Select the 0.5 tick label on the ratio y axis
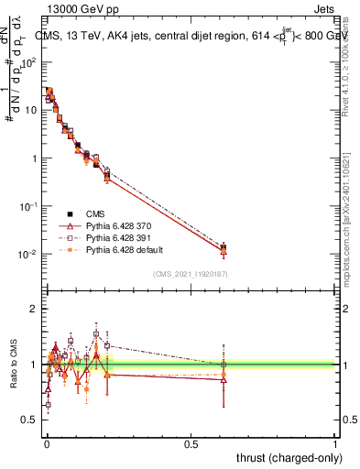point(32,420)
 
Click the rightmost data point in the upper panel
point(224,247)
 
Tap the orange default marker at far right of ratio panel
point(224,374)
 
